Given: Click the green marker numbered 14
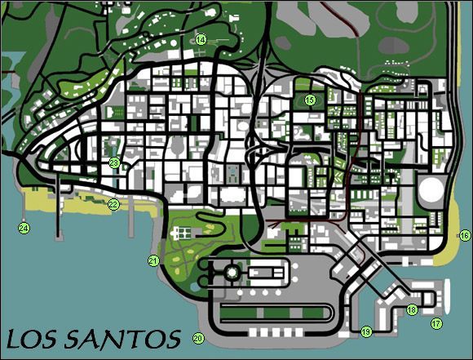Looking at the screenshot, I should click(201, 39).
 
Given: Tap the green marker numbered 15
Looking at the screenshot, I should click(310, 100).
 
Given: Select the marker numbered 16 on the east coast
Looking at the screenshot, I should click(464, 235).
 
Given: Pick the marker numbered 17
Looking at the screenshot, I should click(436, 323).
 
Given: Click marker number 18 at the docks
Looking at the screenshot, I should click(412, 309).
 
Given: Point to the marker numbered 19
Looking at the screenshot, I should click(366, 331).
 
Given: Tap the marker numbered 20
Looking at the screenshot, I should click(197, 338).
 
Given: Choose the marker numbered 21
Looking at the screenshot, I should click(153, 260).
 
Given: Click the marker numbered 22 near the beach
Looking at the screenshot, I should click(114, 204).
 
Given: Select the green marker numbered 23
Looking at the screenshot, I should click(114, 163).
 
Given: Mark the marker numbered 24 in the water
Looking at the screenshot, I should click(24, 228).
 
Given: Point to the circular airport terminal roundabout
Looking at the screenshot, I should click(232, 271).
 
